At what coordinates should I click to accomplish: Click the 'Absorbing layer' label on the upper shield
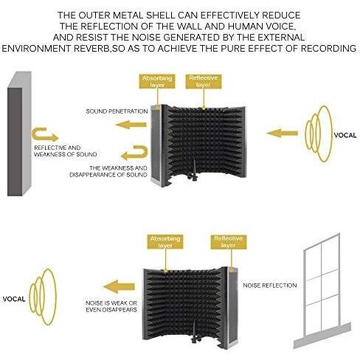[157, 81]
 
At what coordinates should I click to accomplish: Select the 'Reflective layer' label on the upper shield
[204, 81]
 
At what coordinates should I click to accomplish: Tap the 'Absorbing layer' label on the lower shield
[165, 242]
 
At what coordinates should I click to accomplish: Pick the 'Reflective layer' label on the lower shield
[228, 242]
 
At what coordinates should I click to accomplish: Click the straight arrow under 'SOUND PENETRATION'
[131, 125]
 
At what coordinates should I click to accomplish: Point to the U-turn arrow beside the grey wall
[44, 134]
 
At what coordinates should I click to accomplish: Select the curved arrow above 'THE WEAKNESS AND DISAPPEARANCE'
[134, 153]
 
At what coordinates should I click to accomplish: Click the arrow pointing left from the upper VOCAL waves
[283, 134]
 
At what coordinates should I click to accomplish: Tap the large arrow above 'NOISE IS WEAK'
[119, 286]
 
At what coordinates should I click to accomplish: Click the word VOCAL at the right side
[345, 135]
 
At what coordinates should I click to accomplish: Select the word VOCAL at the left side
[14, 299]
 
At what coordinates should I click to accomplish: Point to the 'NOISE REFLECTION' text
[270, 285]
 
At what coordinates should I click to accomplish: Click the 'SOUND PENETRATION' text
[117, 111]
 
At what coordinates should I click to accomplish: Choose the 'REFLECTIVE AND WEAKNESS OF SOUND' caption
[66, 151]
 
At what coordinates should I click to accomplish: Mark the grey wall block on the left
[19, 134]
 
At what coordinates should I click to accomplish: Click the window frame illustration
[322, 291]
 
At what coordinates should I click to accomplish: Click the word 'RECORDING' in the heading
[328, 49]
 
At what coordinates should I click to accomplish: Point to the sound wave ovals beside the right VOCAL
[319, 134]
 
